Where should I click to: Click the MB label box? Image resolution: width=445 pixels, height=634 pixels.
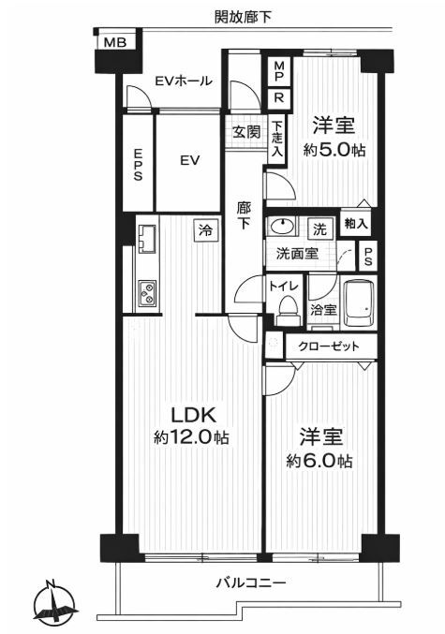click(x=115, y=42)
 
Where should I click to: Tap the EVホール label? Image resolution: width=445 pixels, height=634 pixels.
click(x=184, y=81)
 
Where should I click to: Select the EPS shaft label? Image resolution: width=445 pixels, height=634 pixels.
click(x=138, y=165)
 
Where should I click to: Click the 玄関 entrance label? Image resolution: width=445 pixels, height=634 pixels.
click(x=246, y=132)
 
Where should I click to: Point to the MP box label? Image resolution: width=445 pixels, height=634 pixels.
click(x=279, y=71)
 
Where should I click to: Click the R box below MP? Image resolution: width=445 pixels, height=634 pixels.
click(x=279, y=98)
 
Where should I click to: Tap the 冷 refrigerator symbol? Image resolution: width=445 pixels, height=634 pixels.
click(x=205, y=231)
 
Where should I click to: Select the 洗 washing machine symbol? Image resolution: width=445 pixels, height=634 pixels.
click(x=319, y=229)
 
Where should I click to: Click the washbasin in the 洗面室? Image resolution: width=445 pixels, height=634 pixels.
click(x=281, y=226)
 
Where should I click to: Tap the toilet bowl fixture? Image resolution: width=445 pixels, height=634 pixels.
click(x=288, y=308)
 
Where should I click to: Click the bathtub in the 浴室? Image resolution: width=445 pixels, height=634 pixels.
click(x=359, y=302)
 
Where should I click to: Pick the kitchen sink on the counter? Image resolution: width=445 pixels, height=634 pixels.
click(x=147, y=239)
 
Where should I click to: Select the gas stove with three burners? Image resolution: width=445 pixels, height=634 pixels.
click(x=146, y=294)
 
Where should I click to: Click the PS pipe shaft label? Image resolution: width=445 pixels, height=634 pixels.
click(x=368, y=256)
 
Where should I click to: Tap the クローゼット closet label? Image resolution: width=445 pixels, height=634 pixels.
click(x=328, y=346)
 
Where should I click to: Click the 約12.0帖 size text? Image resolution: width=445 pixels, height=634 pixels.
click(x=191, y=437)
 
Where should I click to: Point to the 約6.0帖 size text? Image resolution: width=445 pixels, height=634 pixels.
click(x=319, y=461)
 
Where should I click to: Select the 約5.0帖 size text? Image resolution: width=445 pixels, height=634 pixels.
click(x=334, y=150)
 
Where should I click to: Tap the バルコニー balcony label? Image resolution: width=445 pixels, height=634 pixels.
click(x=251, y=583)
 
